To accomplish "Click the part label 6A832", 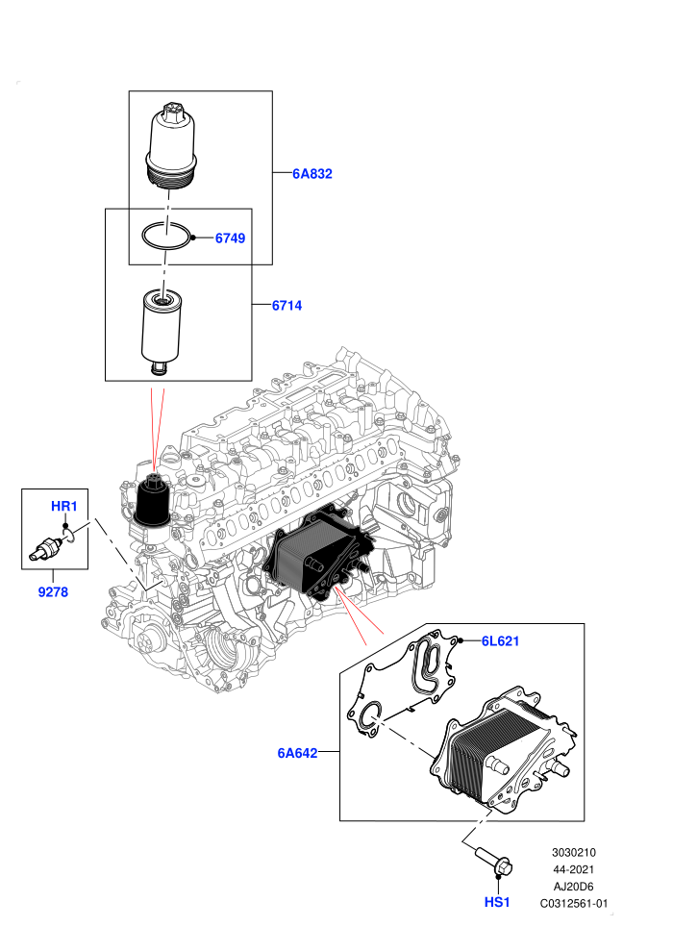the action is [312, 174].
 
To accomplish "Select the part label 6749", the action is [230, 238].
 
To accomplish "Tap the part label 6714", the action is [287, 306].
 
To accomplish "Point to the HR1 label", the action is [63, 507].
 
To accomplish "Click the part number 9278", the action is [54, 592].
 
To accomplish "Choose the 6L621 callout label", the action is [500, 641].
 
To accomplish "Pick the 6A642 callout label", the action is [297, 753].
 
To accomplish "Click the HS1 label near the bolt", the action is [497, 902].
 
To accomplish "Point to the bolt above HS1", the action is [494, 863].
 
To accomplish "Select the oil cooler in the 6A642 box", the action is [505, 749].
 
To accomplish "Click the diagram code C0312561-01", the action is [574, 903].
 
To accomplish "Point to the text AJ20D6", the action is [573, 887].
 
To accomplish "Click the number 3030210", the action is [573, 852].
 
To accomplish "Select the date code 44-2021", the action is [573, 869].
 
